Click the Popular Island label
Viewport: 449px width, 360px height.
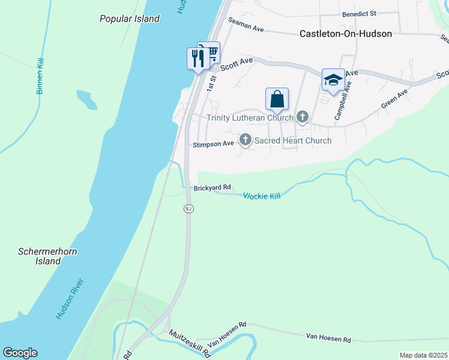[130, 19]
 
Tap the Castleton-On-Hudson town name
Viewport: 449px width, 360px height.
[346, 34]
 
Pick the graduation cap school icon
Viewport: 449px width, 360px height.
[333, 80]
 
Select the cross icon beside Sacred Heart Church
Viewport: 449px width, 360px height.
[245, 140]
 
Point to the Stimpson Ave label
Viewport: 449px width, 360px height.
[213, 145]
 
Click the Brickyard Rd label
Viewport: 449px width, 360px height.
[212, 188]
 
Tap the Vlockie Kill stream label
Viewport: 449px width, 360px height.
[262, 196]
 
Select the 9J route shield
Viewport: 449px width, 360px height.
[188, 208]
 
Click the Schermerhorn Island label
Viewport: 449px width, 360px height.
[48, 256]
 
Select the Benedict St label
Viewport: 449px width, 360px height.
[358, 13]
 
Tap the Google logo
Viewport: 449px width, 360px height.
[20, 353]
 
